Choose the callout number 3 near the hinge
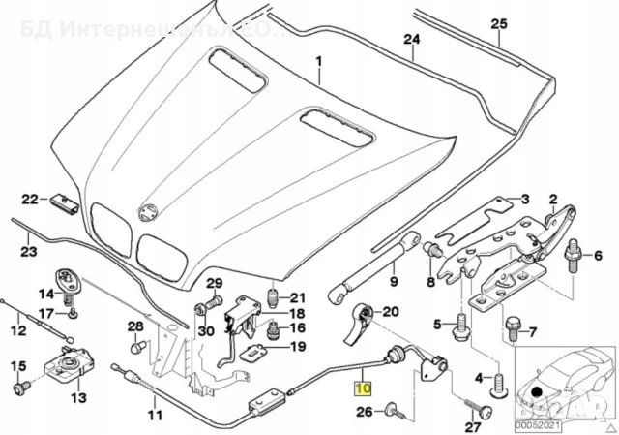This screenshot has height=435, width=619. tap(524, 200)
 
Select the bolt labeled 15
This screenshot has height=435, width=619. tap(18, 388)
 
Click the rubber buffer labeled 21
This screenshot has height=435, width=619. tap(273, 295)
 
